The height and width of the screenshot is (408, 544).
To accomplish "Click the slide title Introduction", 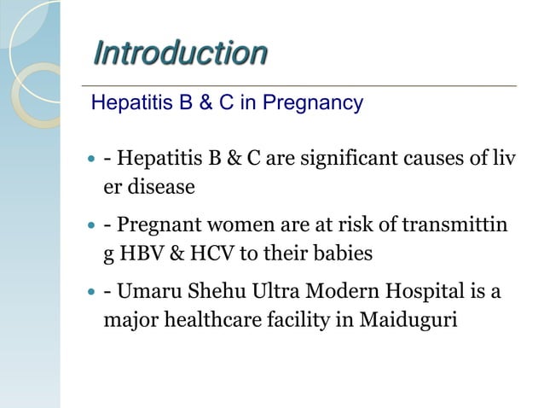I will (179, 53).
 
